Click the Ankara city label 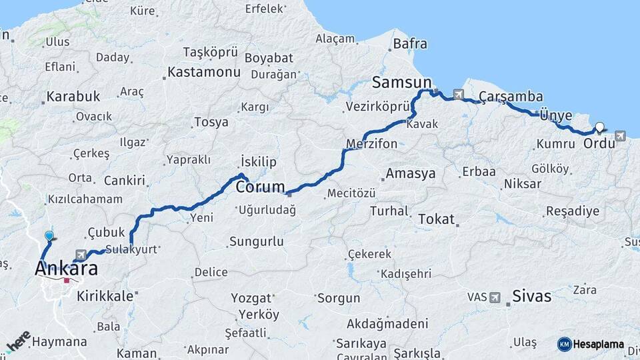pos(66,269)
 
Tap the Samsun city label pos(402,82)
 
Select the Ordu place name pos(598,143)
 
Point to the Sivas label pos(532,296)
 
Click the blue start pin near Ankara pos(49,236)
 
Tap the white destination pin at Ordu pos(600,127)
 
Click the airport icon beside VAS pos(495,297)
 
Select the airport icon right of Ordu pos(621,136)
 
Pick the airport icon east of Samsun pos(458,94)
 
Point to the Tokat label pos(436,219)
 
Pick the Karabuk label pos(73,96)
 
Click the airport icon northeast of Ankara pos(81,255)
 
